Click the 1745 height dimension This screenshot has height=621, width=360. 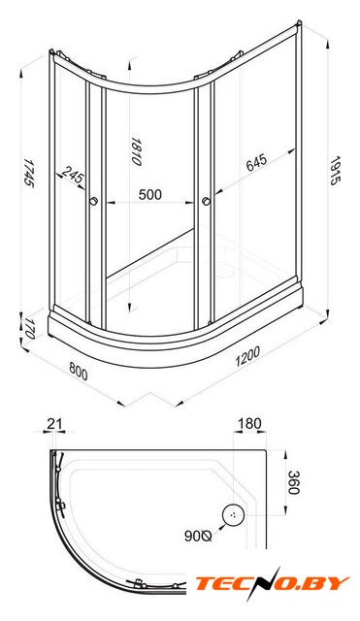pyautogui.click(x=28, y=173)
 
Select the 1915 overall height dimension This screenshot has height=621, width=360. pyautogui.click(x=336, y=171)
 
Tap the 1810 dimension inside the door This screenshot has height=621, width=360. pyautogui.click(x=136, y=151)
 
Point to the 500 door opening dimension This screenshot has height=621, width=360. pyautogui.click(x=150, y=194)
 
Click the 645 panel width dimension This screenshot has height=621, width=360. pyautogui.click(x=256, y=162)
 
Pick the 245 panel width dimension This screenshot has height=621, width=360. pyautogui.click(x=74, y=175)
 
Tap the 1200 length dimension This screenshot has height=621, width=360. pyautogui.click(x=247, y=356)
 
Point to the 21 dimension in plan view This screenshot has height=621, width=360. pyautogui.click(x=54, y=424)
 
